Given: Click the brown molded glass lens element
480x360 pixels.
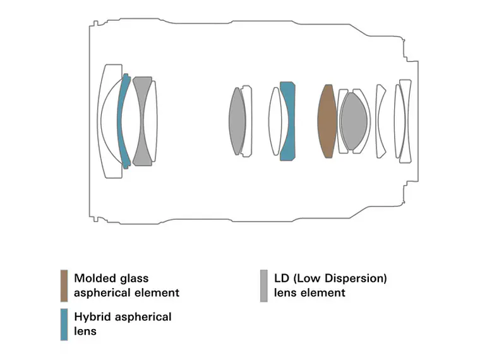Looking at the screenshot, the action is coord(327,121).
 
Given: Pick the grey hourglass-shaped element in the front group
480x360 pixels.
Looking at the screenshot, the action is coord(142,121).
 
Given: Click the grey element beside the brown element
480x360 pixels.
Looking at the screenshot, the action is coord(354,121).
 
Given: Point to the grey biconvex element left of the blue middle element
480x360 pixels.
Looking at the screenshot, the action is coord(237,121).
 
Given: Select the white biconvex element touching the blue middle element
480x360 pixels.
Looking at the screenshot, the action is coord(275,121).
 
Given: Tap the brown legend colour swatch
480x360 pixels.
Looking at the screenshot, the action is coord(64,285).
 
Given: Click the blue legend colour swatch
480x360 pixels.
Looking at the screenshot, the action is coord(64,325).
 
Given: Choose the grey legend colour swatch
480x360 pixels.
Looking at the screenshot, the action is coord(263,285).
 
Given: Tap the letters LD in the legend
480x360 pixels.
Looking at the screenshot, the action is coord(282,279).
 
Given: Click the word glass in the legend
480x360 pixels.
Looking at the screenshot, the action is coord(135,279).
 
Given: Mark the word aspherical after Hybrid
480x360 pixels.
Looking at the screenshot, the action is coord(143,318).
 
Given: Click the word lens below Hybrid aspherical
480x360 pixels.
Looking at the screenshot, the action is coord(85,331).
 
